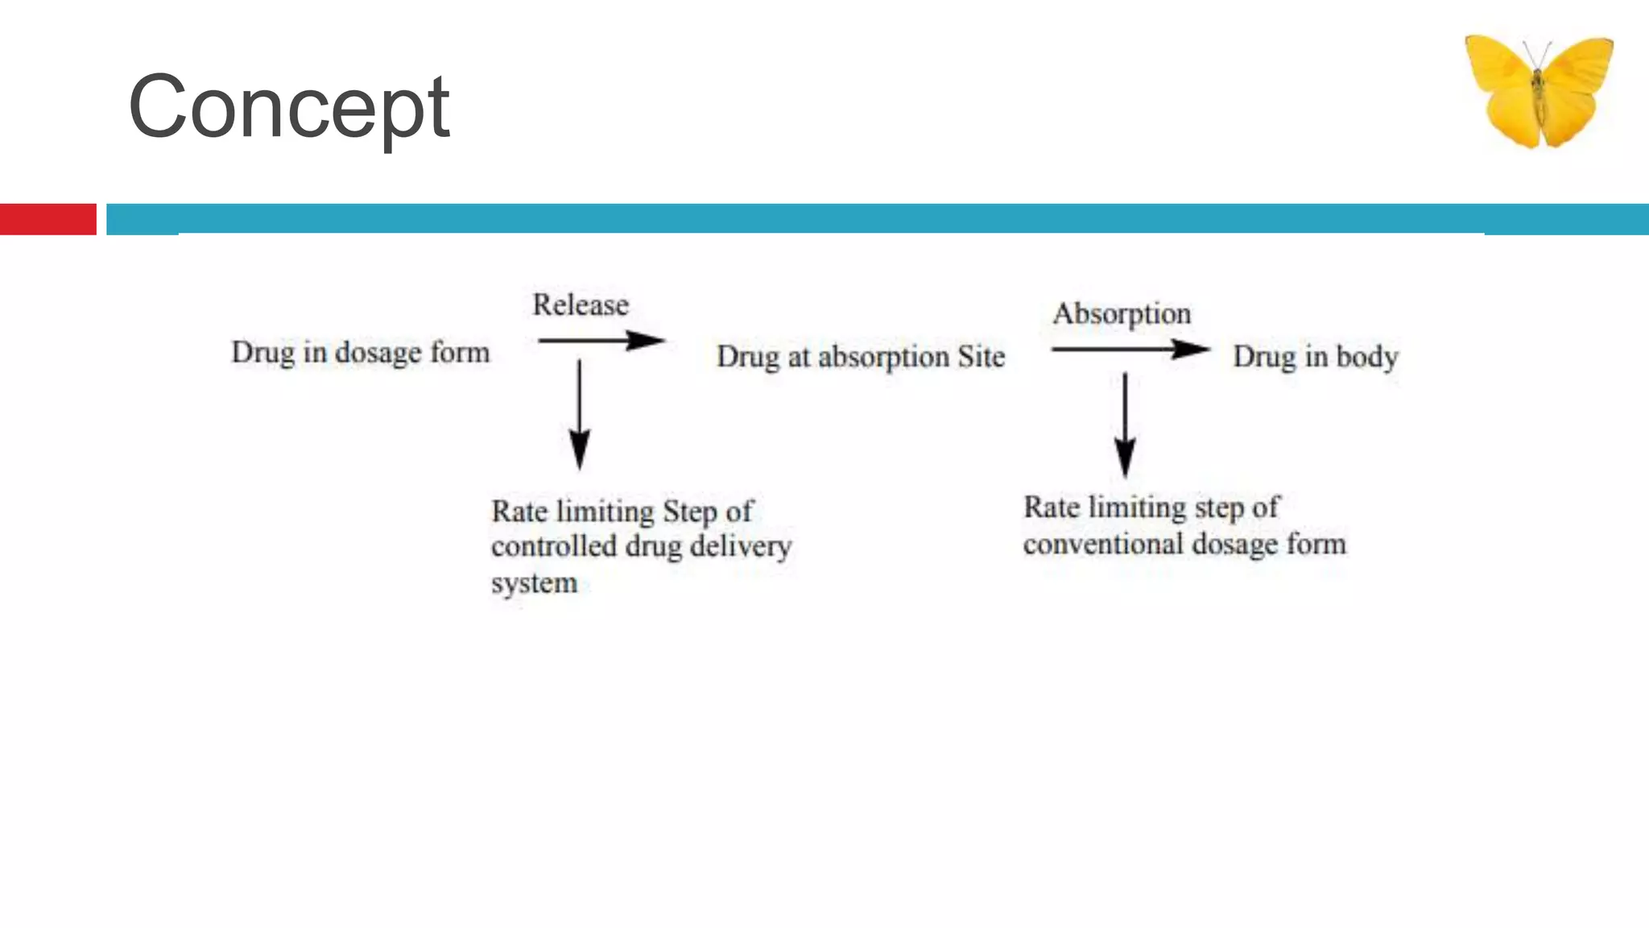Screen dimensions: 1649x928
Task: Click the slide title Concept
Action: (x=288, y=108)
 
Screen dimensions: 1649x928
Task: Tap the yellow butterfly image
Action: (x=1539, y=92)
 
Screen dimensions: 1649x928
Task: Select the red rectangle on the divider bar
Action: (x=48, y=219)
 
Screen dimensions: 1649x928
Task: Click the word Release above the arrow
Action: (x=581, y=305)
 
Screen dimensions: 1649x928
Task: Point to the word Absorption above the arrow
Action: (x=1122, y=314)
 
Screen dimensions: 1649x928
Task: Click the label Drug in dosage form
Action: (x=361, y=353)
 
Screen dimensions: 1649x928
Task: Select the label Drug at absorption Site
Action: (x=861, y=357)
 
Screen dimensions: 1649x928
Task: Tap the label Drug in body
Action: (x=1316, y=357)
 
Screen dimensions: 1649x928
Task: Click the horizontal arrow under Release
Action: (x=601, y=341)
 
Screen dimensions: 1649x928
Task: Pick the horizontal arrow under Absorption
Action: (x=1130, y=350)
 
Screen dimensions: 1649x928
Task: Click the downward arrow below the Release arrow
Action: (x=580, y=415)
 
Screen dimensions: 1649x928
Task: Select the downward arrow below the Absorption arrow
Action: (x=1126, y=425)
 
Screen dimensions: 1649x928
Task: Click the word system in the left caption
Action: (x=535, y=583)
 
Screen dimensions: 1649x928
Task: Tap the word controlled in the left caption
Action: (x=554, y=547)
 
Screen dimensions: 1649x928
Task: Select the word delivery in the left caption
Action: (x=741, y=547)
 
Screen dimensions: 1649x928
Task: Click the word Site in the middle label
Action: (x=982, y=356)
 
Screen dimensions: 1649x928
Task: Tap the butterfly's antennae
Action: (x=1537, y=55)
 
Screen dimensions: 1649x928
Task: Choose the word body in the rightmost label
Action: (x=1367, y=357)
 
